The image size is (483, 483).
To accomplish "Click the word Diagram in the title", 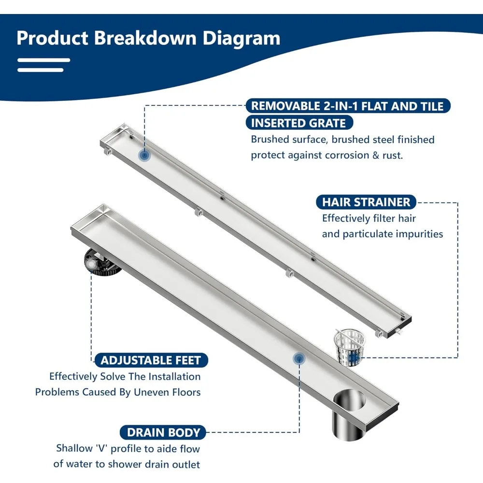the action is [241, 38].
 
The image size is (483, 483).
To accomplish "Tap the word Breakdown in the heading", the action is [145, 38].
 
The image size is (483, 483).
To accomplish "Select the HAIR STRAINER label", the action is [366, 202].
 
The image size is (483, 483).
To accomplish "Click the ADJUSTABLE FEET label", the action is [151, 360].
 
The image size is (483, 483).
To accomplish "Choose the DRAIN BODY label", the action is [163, 432].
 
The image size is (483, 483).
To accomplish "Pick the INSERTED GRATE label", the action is [298, 123].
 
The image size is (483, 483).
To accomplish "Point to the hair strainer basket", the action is [349, 347].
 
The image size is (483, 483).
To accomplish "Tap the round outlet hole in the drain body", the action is [350, 400].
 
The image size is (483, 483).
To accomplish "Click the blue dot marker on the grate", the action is [144, 155].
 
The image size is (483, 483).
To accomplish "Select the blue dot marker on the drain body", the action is [299, 358].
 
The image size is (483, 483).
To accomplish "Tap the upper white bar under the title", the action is [44, 61].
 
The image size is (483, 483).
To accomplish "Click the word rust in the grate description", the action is [392, 155].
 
